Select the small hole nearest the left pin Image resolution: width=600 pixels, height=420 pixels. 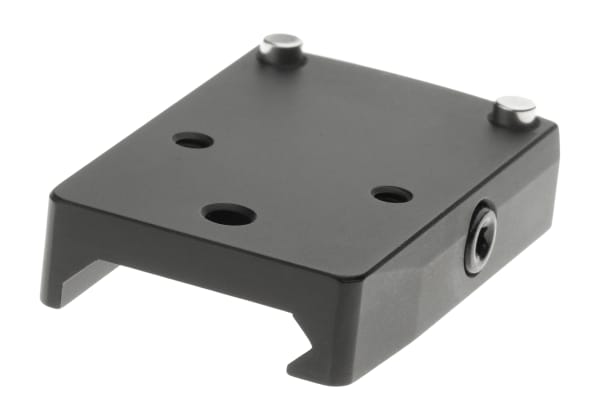(x=193, y=141)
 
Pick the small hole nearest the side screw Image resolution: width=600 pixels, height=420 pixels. (x=391, y=193)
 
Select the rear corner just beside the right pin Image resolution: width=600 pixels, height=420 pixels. (x=546, y=124)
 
